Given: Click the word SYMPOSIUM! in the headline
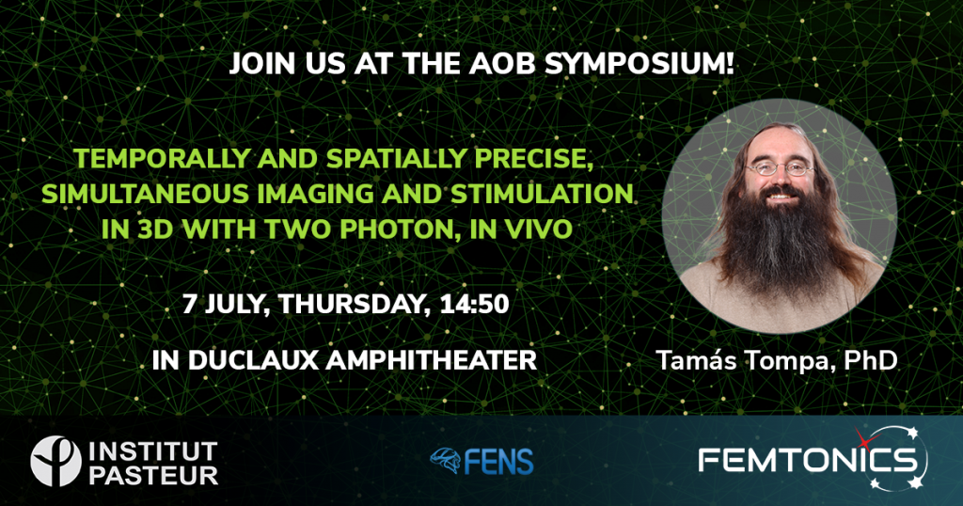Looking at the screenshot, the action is tap(639, 65).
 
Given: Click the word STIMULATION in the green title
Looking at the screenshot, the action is tap(542, 194).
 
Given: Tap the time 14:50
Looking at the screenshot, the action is tap(474, 304).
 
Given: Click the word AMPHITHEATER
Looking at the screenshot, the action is tap(431, 360).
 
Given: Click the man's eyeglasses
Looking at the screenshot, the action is tap(780, 167).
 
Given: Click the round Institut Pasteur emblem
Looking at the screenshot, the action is tap(55, 461).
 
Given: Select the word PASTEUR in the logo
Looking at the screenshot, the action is tap(153, 475).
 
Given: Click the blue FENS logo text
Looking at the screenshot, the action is tap(498, 461).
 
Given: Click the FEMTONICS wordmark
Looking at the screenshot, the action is tap(806, 460).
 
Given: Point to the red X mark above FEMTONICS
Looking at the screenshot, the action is tap(865, 438).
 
